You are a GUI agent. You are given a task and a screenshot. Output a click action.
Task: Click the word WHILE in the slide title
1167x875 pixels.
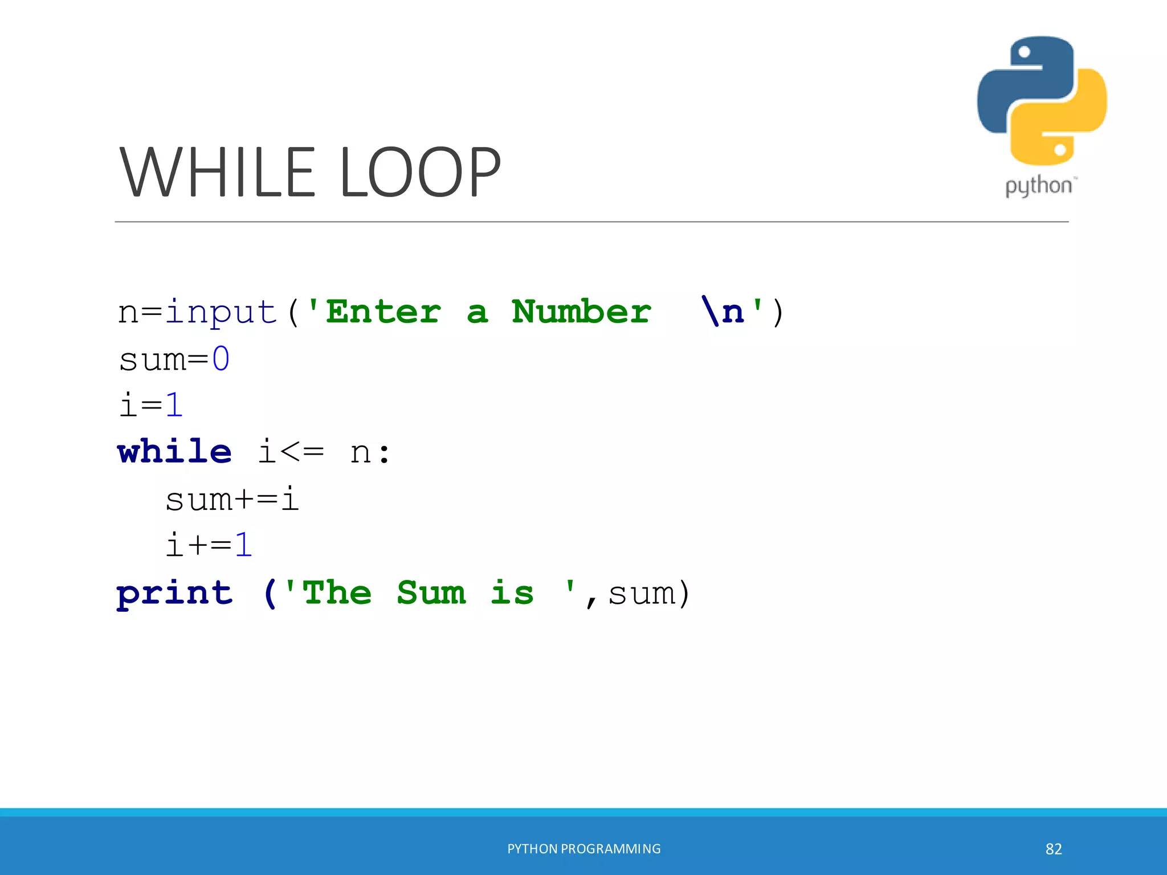click(217, 172)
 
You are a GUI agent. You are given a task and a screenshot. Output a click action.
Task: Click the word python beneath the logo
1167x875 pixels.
click(1039, 186)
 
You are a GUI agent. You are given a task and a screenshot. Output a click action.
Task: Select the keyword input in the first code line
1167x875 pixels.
click(221, 312)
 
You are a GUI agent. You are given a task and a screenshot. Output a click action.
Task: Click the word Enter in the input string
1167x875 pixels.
click(383, 312)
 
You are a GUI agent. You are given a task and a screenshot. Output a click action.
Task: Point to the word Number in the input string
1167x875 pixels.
click(581, 312)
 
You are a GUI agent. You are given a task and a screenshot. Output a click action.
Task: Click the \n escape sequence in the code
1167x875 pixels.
click(723, 312)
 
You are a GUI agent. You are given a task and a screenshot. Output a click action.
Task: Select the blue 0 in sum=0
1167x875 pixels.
click(221, 359)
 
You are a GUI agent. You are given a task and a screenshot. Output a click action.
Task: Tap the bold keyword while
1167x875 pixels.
click(174, 452)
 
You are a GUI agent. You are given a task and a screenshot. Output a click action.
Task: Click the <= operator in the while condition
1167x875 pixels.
click(302, 452)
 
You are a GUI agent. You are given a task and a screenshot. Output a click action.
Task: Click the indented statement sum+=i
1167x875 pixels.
click(232, 499)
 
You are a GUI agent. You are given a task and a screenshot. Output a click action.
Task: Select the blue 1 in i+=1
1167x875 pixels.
click(243, 545)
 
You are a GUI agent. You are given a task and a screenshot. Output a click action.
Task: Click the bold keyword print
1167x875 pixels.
click(174, 594)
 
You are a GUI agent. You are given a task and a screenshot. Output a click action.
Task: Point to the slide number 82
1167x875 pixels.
click(1054, 849)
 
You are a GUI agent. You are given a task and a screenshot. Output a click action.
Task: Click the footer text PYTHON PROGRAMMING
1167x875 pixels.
click(584, 849)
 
